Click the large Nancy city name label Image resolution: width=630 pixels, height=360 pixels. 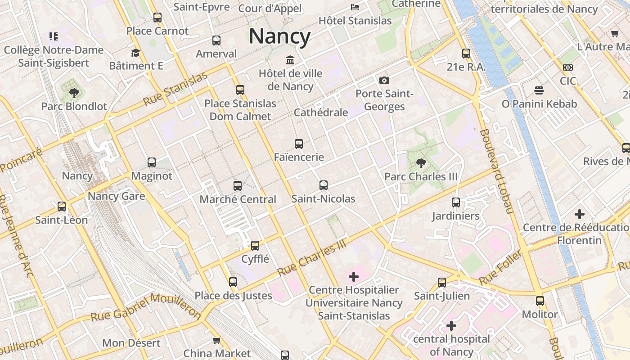279,36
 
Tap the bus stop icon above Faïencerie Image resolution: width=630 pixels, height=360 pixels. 299,144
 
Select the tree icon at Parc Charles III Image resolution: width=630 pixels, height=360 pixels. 421,163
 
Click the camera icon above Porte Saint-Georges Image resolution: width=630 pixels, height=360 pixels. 384,80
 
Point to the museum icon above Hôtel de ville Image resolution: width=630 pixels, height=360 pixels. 290,60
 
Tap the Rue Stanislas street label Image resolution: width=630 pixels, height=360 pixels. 176,89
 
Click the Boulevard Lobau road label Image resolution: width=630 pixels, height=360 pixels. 496,171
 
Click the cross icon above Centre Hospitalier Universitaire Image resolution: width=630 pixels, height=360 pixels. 354,276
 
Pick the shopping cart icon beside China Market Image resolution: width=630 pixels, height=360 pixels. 216,340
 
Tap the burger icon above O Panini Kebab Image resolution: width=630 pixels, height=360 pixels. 539,90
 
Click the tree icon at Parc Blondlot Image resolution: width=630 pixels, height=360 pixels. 74,93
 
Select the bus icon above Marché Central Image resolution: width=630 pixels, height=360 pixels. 238,185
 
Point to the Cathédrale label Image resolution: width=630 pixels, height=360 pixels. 321,112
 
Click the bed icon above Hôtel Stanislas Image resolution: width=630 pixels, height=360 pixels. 355,7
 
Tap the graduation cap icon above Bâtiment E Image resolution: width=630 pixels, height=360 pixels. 136,53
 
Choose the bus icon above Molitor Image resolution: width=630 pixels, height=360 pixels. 540,301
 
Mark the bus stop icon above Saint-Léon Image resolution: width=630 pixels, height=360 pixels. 62,207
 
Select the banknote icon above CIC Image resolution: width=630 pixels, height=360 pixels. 568,67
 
